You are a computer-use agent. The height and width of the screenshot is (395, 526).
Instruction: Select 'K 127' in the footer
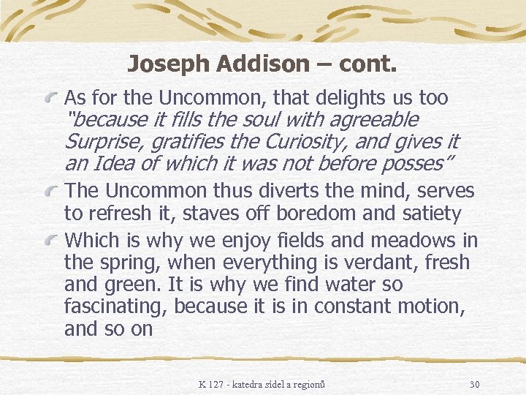coord(215,384)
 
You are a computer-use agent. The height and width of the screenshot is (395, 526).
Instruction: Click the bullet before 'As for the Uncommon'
coord(52,98)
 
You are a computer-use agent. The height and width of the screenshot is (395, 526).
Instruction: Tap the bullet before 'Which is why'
coord(52,241)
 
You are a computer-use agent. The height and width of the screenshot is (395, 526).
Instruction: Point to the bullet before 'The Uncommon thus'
coord(52,193)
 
